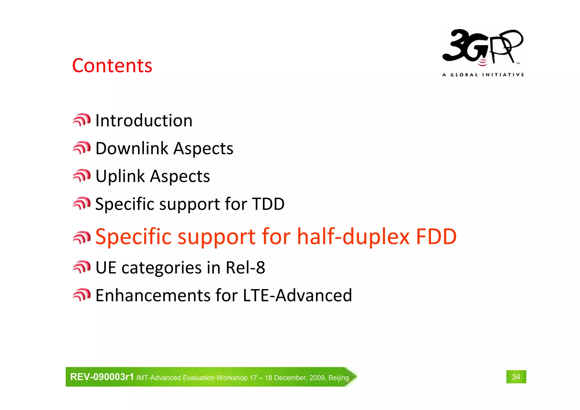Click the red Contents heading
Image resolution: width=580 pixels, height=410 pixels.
112,66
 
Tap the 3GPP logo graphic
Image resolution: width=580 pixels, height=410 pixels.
483,47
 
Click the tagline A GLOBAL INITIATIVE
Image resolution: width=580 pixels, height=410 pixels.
483,75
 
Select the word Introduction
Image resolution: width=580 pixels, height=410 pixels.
144,121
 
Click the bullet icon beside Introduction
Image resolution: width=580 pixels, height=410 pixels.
82,120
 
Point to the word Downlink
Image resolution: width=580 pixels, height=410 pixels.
132,148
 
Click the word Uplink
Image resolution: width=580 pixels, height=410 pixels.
120,176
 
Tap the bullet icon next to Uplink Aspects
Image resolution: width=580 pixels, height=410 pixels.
82,176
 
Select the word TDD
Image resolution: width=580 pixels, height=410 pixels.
268,204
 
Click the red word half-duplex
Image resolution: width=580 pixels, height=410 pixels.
353,236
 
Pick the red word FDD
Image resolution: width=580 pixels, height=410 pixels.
436,236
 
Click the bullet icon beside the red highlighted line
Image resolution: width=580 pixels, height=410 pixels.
82,237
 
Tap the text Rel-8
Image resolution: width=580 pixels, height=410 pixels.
245,267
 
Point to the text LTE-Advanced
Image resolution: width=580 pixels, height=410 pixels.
297,295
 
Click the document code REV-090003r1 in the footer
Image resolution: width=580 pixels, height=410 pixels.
102,377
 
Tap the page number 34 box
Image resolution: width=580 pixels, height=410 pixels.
516,377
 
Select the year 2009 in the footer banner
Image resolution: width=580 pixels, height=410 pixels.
318,378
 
